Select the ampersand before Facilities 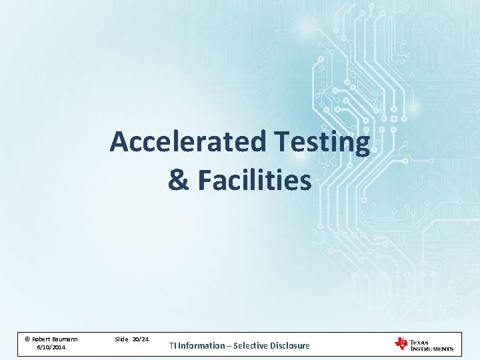179,180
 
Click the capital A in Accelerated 119,142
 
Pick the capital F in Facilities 203,180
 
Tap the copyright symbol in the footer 27,339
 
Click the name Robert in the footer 41,339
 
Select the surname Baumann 65,339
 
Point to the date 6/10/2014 51,348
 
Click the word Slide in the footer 121,339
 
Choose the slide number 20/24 141,339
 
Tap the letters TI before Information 172,345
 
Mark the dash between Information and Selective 231,345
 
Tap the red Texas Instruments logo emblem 401,343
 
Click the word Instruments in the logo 432,348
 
